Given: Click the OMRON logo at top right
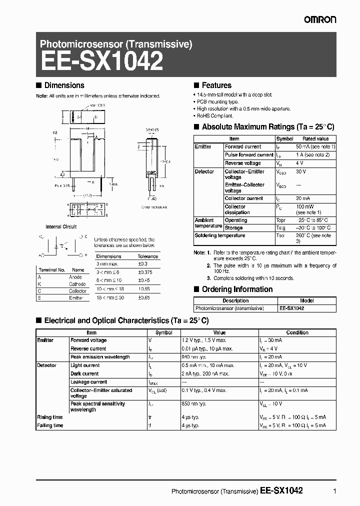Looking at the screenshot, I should (x=320, y=19).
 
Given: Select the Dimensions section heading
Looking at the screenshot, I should (x=64, y=85).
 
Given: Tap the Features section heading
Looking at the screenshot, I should (x=216, y=85).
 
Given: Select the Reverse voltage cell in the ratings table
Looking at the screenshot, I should (x=242, y=163).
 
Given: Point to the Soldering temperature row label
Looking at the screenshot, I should (x=220, y=235).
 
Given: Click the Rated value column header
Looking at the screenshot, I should (x=315, y=138).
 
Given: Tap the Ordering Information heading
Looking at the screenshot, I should (x=237, y=289).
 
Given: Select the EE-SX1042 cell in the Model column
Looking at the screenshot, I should (x=292, y=308).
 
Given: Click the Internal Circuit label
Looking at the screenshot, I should (x=61, y=226).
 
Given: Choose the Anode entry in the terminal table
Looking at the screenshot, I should (x=75, y=277).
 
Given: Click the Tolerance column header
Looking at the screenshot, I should (x=147, y=256).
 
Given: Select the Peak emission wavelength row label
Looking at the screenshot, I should (x=100, y=357).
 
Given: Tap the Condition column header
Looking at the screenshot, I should (x=297, y=332).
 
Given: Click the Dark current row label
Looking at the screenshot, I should (x=84, y=373).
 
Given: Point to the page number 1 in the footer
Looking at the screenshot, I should (x=334, y=491).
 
